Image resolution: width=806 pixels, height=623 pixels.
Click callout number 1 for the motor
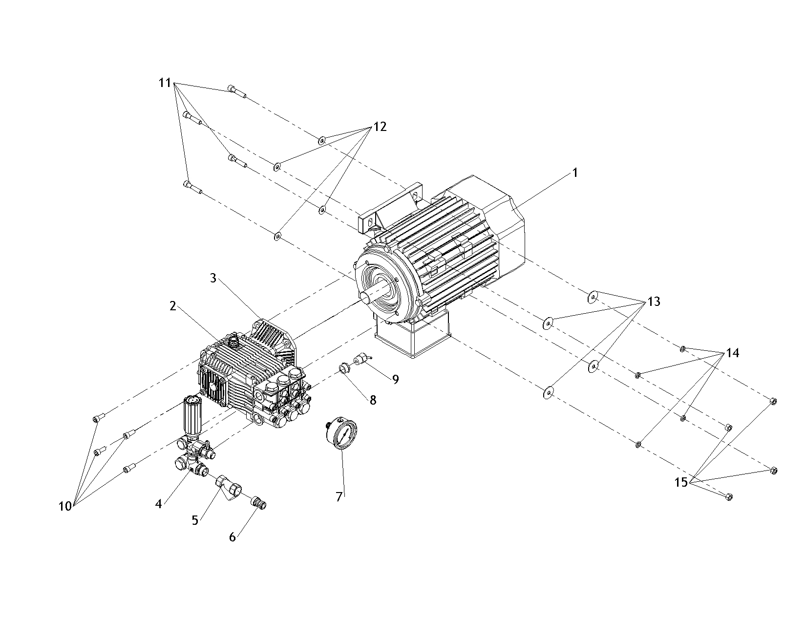point(575,173)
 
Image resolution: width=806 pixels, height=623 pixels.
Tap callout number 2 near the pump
point(172,306)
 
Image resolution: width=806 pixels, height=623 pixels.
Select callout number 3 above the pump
point(213,278)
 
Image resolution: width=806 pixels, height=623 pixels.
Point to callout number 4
point(158,504)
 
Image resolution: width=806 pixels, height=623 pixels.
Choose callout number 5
point(195,520)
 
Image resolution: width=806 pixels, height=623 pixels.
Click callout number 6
point(233,537)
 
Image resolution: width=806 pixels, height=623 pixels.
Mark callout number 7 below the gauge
point(339,497)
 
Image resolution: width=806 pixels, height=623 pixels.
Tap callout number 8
point(373,400)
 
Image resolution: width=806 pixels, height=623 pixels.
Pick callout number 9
point(395,379)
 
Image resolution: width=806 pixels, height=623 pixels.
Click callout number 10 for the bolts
point(65,507)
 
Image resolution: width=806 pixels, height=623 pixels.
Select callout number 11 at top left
point(165,83)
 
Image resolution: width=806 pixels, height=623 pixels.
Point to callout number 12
point(380,127)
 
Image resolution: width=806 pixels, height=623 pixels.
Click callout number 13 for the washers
point(654,301)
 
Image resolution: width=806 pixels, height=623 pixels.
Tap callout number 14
point(732,353)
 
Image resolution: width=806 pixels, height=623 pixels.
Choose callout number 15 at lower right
point(681,483)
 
